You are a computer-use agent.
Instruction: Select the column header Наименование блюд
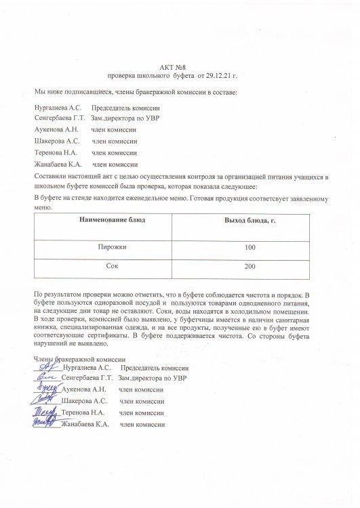click(x=112, y=221)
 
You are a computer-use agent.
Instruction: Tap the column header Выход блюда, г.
click(x=249, y=221)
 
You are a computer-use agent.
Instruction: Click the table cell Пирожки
click(x=113, y=248)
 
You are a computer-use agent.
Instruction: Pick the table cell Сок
click(x=113, y=267)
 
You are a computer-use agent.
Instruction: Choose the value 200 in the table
click(x=249, y=267)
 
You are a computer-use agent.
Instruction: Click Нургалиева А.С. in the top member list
click(x=57, y=108)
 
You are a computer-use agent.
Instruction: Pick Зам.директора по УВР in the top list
click(x=125, y=119)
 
